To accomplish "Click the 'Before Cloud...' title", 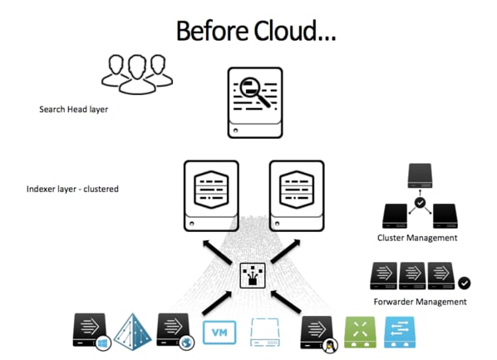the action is (256, 31).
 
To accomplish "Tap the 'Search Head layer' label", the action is (73, 110).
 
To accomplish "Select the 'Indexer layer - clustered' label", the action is (72, 189).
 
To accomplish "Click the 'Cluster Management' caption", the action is (417, 238).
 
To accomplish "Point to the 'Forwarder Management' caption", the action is (420, 302).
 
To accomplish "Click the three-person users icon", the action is (137, 75).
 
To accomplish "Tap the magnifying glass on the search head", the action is (254, 91).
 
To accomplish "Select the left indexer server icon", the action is (211, 195).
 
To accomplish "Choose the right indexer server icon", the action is (297, 195).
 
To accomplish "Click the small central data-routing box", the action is (253, 275).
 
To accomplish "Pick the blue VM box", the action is (219, 333).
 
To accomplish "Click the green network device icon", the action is (360, 332).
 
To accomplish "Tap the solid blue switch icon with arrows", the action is (400, 332).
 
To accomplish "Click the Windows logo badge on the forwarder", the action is (103, 343).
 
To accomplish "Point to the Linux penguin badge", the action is (330, 345).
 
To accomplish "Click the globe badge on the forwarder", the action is (187, 343).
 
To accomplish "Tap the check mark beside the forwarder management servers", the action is (464, 283).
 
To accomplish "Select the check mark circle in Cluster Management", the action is (420, 202).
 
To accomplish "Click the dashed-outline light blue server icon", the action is (265, 333).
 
